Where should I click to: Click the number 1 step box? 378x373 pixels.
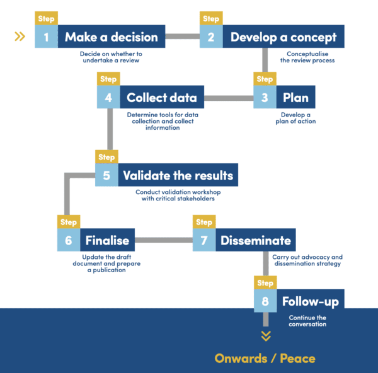point(46,37)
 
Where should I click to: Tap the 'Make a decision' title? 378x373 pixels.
point(111,37)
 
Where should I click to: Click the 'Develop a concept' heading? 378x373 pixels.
point(283,37)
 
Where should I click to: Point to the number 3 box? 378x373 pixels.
point(265,98)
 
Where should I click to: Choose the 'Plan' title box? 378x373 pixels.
point(295,98)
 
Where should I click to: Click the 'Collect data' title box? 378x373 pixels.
point(161,98)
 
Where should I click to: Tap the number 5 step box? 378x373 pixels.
point(106,175)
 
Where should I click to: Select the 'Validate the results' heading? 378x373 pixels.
point(178,175)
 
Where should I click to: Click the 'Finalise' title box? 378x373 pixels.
point(106,240)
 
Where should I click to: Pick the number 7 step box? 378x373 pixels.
point(203,240)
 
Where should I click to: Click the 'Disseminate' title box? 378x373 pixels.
point(255,240)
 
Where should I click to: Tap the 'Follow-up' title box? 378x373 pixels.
point(310,302)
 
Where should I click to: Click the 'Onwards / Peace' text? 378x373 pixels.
point(265,359)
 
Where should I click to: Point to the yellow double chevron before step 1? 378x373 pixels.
point(20,37)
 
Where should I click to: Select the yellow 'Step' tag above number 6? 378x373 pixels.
point(68,222)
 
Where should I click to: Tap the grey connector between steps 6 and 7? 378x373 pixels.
point(164,240)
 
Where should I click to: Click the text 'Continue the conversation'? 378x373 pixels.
point(307,321)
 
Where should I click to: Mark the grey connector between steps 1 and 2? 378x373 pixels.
point(183,37)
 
